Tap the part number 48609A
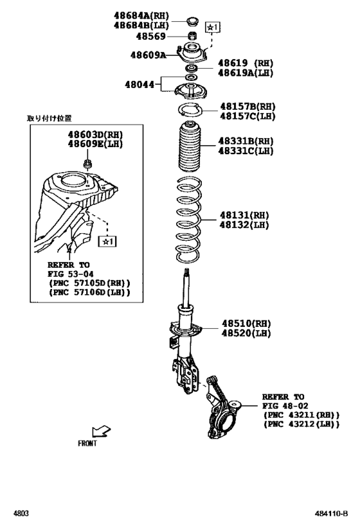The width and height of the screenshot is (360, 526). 145,56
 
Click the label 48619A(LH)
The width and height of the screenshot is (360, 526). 246,73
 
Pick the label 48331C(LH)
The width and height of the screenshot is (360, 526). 245,151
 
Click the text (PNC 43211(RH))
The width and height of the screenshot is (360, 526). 301,416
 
